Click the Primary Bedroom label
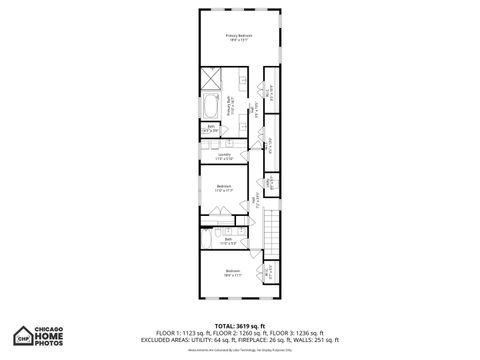(239, 37)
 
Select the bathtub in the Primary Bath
(213, 107)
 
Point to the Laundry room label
(225, 155)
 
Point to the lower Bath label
(228, 240)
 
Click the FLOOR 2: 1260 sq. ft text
(239, 332)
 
